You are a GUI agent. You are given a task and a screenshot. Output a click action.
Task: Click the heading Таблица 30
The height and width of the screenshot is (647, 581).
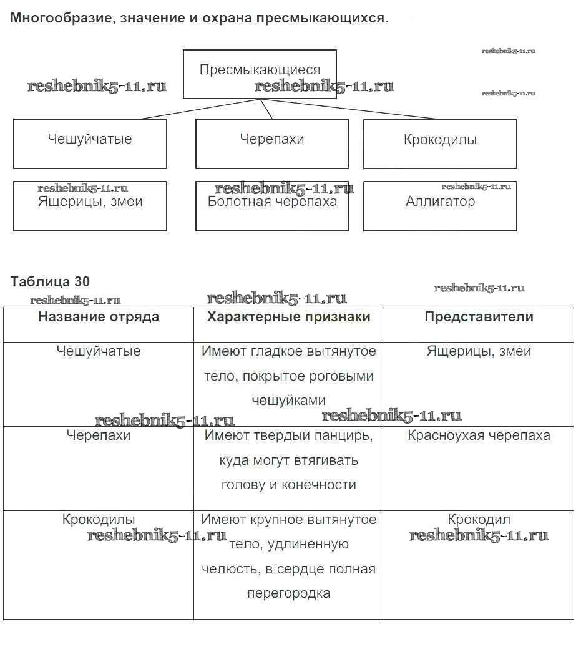point(50,281)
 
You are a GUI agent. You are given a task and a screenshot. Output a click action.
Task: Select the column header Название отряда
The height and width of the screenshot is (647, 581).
point(99,317)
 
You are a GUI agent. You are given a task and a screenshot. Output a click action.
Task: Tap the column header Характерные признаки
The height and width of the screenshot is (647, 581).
point(288,317)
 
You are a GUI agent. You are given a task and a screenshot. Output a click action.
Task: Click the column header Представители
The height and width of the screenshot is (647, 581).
point(479,317)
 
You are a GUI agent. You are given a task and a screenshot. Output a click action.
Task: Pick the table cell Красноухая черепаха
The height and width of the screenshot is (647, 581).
point(479,435)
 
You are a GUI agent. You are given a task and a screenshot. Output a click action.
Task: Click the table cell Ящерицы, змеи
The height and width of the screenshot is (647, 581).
point(479,351)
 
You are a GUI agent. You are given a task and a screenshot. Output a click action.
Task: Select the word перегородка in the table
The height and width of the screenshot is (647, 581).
point(288,593)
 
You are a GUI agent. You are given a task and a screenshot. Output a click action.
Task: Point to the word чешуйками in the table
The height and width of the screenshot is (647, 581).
point(288,401)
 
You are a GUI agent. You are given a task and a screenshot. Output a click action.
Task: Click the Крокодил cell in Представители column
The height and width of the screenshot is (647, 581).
point(479,520)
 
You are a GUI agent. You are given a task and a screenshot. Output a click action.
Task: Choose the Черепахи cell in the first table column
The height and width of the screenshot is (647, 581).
point(99,435)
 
